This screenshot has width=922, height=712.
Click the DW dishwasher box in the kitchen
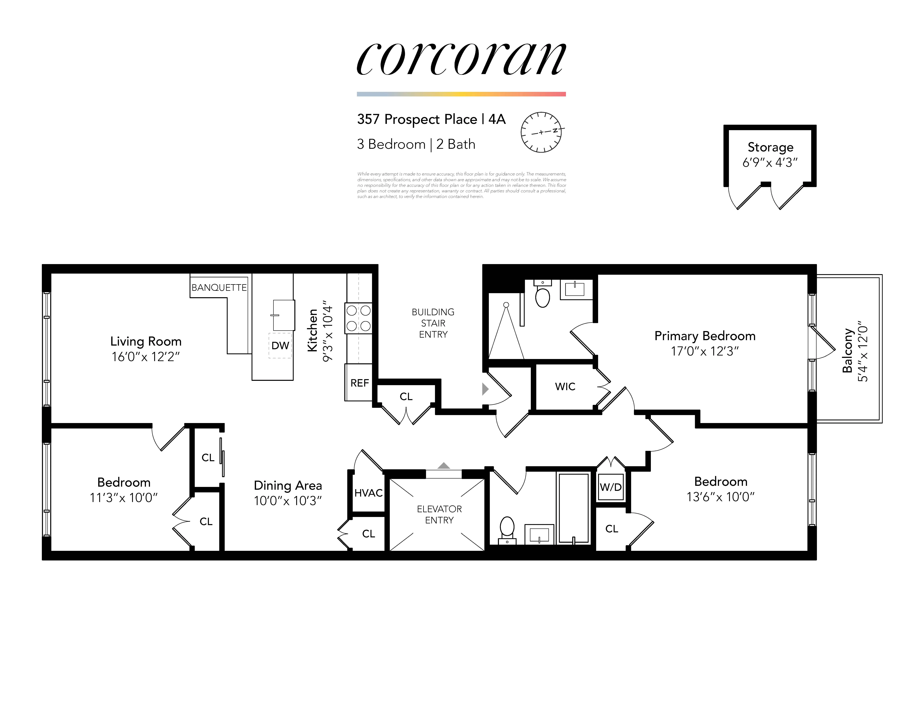280,345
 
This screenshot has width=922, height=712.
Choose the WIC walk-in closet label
565,386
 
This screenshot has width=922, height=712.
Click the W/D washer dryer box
610,487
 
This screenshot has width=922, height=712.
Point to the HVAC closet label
368,493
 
